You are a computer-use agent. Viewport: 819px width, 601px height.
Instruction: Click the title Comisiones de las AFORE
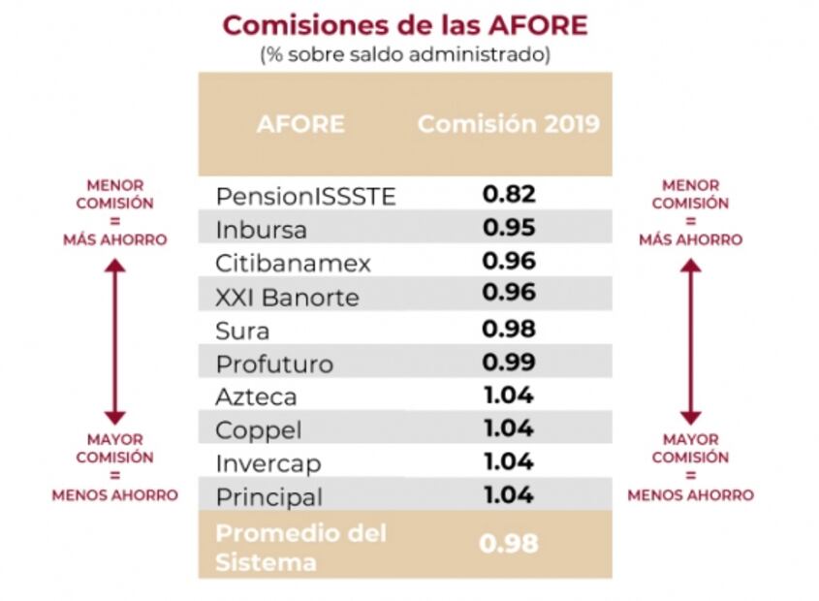click(405, 24)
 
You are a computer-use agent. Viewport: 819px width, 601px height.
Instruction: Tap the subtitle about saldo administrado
click(405, 54)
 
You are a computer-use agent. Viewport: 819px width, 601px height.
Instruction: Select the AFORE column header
click(300, 125)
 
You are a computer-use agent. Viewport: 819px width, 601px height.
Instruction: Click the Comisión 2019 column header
click(509, 125)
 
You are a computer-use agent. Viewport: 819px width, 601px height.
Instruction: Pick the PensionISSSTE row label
click(306, 197)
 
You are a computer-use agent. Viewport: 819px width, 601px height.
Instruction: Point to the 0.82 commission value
click(509, 195)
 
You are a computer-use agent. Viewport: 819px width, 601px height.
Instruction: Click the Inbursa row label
click(262, 231)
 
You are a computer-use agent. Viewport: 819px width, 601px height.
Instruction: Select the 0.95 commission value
click(509, 229)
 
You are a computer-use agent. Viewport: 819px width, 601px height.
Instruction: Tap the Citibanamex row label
click(293, 264)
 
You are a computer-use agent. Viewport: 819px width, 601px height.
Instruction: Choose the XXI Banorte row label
click(287, 298)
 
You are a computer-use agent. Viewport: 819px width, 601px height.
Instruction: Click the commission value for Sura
click(509, 329)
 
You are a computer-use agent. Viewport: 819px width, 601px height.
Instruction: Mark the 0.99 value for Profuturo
click(509, 363)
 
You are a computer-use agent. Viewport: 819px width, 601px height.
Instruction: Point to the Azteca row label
click(257, 396)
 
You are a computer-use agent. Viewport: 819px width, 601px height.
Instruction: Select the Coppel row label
click(259, 429)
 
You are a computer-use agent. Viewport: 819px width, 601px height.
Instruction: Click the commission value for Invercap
click(509, 462)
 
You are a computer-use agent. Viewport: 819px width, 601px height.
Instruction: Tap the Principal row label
click(268, 497)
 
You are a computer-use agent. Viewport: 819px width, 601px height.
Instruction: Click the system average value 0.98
click(509, 544)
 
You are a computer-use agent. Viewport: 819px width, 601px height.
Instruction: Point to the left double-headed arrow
click(114, 341)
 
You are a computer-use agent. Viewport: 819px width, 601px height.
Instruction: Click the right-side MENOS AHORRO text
click(690, 495)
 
